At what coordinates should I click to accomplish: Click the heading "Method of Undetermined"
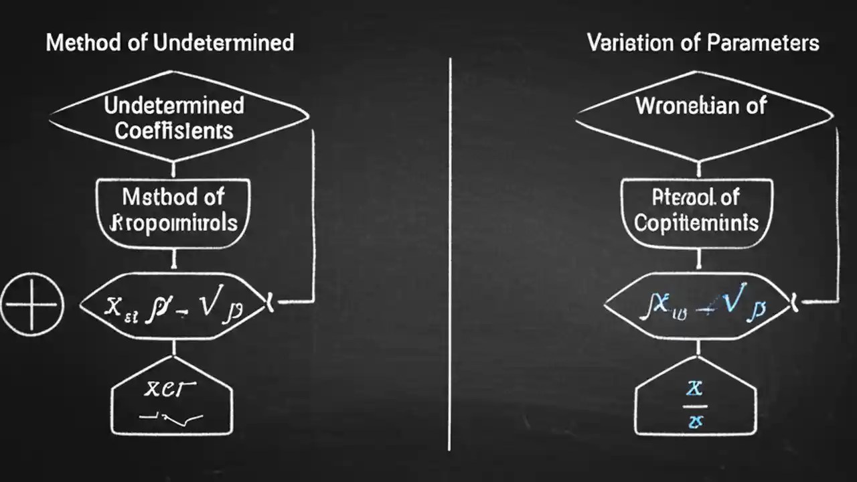tap(169, 43)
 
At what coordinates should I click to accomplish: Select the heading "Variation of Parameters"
tap(703, 43)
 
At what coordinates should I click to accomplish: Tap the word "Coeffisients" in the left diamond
tap(173, 131)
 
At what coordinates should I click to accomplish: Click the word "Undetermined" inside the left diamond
tap(174, 106)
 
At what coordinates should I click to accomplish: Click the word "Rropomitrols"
tap(174, 222)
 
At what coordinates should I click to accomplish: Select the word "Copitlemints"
tap(696, 222)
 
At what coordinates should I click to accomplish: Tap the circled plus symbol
tap(31, 305)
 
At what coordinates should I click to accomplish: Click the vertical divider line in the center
tap(450, 254)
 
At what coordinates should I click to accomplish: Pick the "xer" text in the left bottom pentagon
tap(171, 390)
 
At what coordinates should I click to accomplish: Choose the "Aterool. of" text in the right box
tap(696, 197)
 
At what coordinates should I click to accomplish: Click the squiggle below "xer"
tap(171, 418)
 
